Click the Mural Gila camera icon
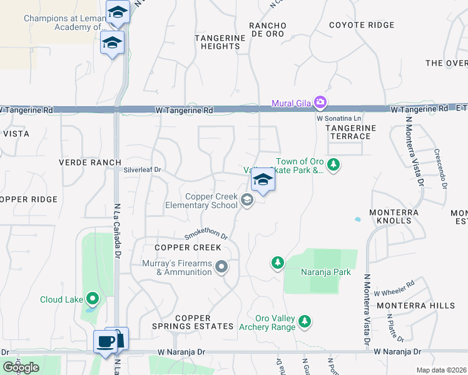[320, 102]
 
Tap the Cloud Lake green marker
[93, 299]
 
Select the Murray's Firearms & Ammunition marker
[221, 267]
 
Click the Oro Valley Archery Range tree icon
[304, 321]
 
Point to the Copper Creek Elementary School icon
[247, 201]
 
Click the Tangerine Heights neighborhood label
[220, 42]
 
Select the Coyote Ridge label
[362, 25]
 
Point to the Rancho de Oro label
[267, 29]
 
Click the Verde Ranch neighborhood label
[89, 162]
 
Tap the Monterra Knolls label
[394, 217]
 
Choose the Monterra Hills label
[415, 305]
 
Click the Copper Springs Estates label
[196, 322]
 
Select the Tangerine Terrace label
[350, 132]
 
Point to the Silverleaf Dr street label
[142, 169]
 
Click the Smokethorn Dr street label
[205, 236]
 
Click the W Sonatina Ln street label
[339, 117]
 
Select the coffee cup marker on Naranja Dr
[104, 341]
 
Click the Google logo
[21, 367]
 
